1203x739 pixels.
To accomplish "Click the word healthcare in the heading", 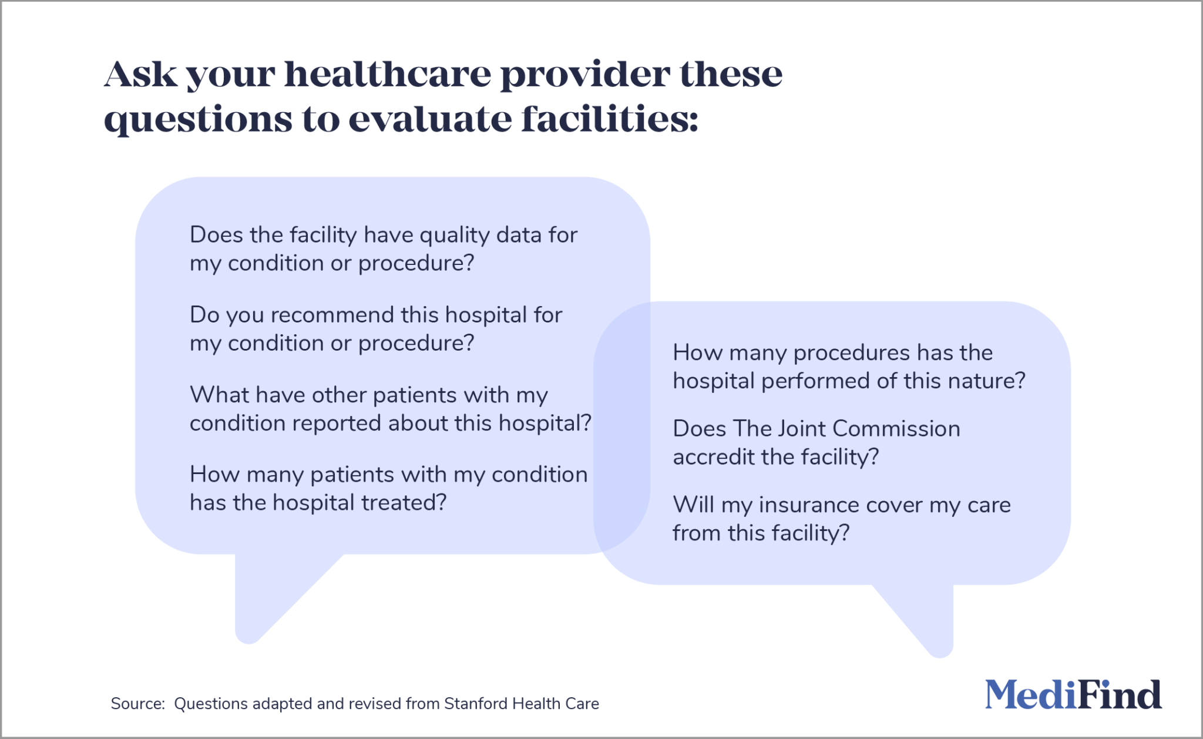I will [388, 75].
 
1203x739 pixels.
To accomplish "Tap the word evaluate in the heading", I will [430, 119].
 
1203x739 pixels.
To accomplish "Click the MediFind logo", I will [1073, 695].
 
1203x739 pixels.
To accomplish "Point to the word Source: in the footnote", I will [137, 704].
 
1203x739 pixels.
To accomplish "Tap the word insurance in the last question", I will [809, 505].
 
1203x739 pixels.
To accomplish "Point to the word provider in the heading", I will [584, 75].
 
